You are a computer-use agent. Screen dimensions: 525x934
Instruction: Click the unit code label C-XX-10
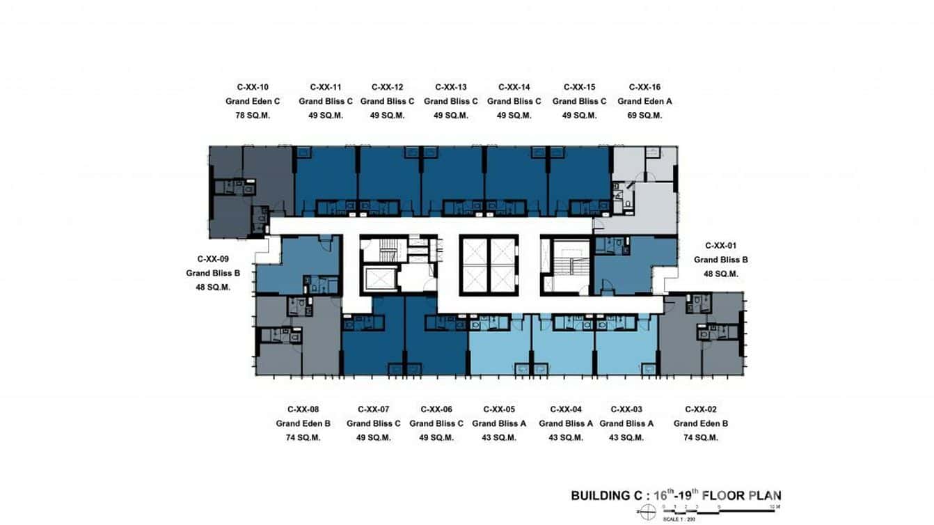pyautogui.click(x=253, y=87)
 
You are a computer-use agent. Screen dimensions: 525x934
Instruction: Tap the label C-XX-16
pyautogui.click(x=644, y=87)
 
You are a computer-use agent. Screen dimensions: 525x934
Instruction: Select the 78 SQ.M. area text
pyautogui.click(x=253, y=116)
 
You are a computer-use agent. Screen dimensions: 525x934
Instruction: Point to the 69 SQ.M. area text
pyautogui.click(x=644, y=116)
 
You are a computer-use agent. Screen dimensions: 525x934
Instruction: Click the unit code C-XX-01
pyautogui.click(x=721, y=245)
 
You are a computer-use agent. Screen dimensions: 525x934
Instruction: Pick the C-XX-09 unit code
pyautogui.click(x=213, y=258)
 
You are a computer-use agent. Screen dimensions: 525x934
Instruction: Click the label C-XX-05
pyautogui.click(x=499, y=409)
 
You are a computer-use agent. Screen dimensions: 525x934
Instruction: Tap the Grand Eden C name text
pyautogui.click(x=253, y=101)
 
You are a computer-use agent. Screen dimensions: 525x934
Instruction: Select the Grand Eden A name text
pyautogui.click(x=644, y=101)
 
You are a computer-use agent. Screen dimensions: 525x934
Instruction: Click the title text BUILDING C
pyautogui.click(x=607, y=496)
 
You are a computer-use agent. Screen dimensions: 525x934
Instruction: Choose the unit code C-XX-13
pyautogui.click(x=450, y=87)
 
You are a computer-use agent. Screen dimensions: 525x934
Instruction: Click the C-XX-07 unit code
pyautogui.click(x=373, y=409)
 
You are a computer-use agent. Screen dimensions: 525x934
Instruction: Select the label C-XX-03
pyautogui.click(x=626, y=409)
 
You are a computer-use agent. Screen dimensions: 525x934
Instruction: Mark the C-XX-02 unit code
pyautogui.click(x=701, y=409)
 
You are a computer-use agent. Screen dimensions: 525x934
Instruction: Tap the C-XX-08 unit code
pyautogui.click(x=303, y=409)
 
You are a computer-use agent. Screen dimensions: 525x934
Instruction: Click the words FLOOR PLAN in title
pyautogui.click(x=742, y=496)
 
